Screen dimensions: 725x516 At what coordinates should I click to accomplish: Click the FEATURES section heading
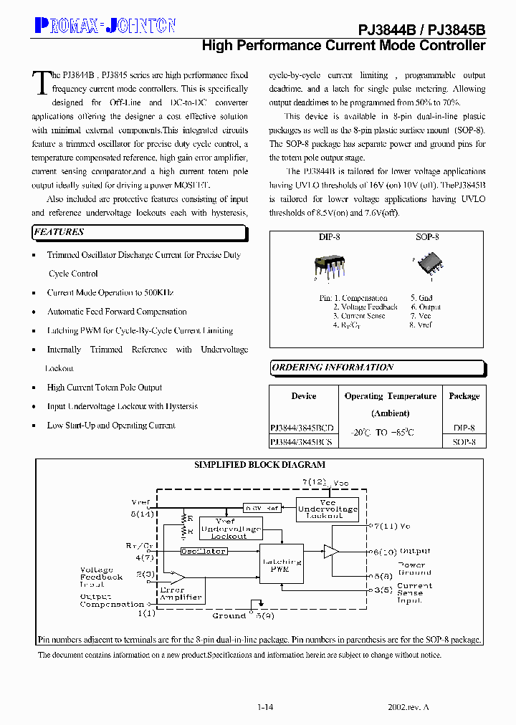(x=59, y=232)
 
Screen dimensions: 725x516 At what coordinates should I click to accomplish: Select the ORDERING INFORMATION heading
(x=333, y=368)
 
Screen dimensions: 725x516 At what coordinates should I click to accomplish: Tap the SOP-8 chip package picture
(x=426, y=266)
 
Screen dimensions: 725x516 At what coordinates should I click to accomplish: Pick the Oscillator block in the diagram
(x=204, y=551)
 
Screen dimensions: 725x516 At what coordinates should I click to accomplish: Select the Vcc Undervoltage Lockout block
(x=328, y=509)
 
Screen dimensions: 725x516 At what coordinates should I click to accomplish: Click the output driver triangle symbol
(x=330, y=551)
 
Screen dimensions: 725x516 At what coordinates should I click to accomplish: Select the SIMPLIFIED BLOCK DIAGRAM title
(x=259, y=465)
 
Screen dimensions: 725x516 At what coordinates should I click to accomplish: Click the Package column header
(x=464, y=396)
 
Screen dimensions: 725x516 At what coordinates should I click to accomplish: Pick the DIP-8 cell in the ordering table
(x=464, y=428)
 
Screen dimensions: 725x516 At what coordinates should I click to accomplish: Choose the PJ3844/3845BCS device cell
(x=302, y=443)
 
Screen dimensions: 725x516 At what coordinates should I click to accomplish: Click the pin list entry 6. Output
(x=426, y=307)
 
